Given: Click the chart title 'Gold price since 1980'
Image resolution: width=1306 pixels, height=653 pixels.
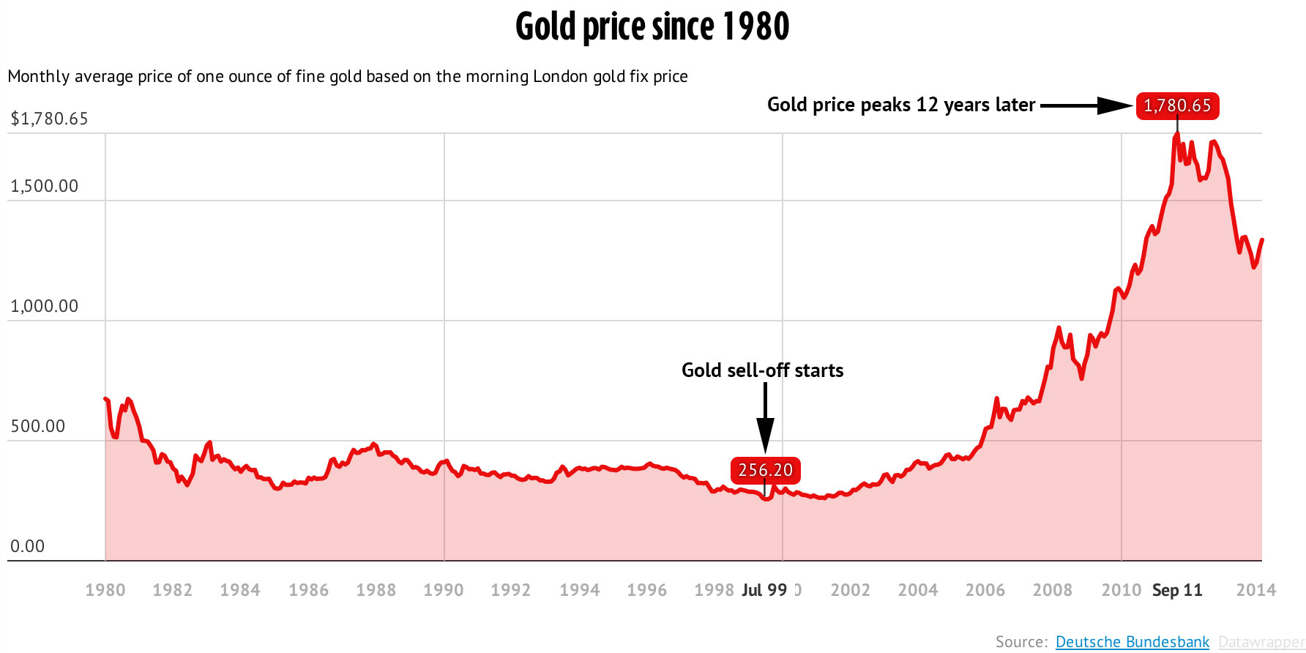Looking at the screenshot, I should click(652, 27).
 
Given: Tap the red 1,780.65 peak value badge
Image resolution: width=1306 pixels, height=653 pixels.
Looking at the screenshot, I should click(1177, 105).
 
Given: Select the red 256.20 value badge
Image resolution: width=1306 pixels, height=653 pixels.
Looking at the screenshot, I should click(765, 470).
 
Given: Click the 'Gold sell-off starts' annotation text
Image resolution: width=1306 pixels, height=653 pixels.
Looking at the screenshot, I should click(762, 370).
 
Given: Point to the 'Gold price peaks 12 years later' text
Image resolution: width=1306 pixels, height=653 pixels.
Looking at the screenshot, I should click(901, 105).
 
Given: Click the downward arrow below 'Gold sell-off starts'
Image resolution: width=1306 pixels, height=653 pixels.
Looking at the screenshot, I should click(765, 418).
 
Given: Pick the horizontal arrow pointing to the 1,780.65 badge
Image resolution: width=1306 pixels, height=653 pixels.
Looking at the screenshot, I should click(1086, 105).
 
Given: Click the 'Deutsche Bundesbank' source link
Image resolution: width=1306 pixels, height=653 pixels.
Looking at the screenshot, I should click(1132, 642).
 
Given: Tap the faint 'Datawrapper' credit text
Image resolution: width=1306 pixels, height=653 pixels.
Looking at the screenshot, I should click(1260, 642).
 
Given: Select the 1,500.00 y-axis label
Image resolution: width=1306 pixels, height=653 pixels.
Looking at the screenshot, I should click(44, 186).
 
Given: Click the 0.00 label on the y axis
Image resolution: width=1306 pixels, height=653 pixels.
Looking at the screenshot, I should click(28, 546).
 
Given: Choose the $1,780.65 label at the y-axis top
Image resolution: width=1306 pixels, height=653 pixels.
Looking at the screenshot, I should click(49, 119).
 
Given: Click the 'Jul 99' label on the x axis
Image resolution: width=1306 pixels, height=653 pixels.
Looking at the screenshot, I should click(764, 590).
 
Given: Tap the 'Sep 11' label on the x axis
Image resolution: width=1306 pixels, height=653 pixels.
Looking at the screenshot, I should click(1177, 590).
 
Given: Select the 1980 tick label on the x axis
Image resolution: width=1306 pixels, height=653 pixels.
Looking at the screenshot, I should click(105, 590).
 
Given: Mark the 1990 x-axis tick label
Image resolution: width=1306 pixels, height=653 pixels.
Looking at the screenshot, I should click(444, 590).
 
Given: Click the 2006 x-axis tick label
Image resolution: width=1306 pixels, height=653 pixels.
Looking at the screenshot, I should click(985, 590).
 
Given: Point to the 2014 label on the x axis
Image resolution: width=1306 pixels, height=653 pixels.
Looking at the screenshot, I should click(1255, 590).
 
